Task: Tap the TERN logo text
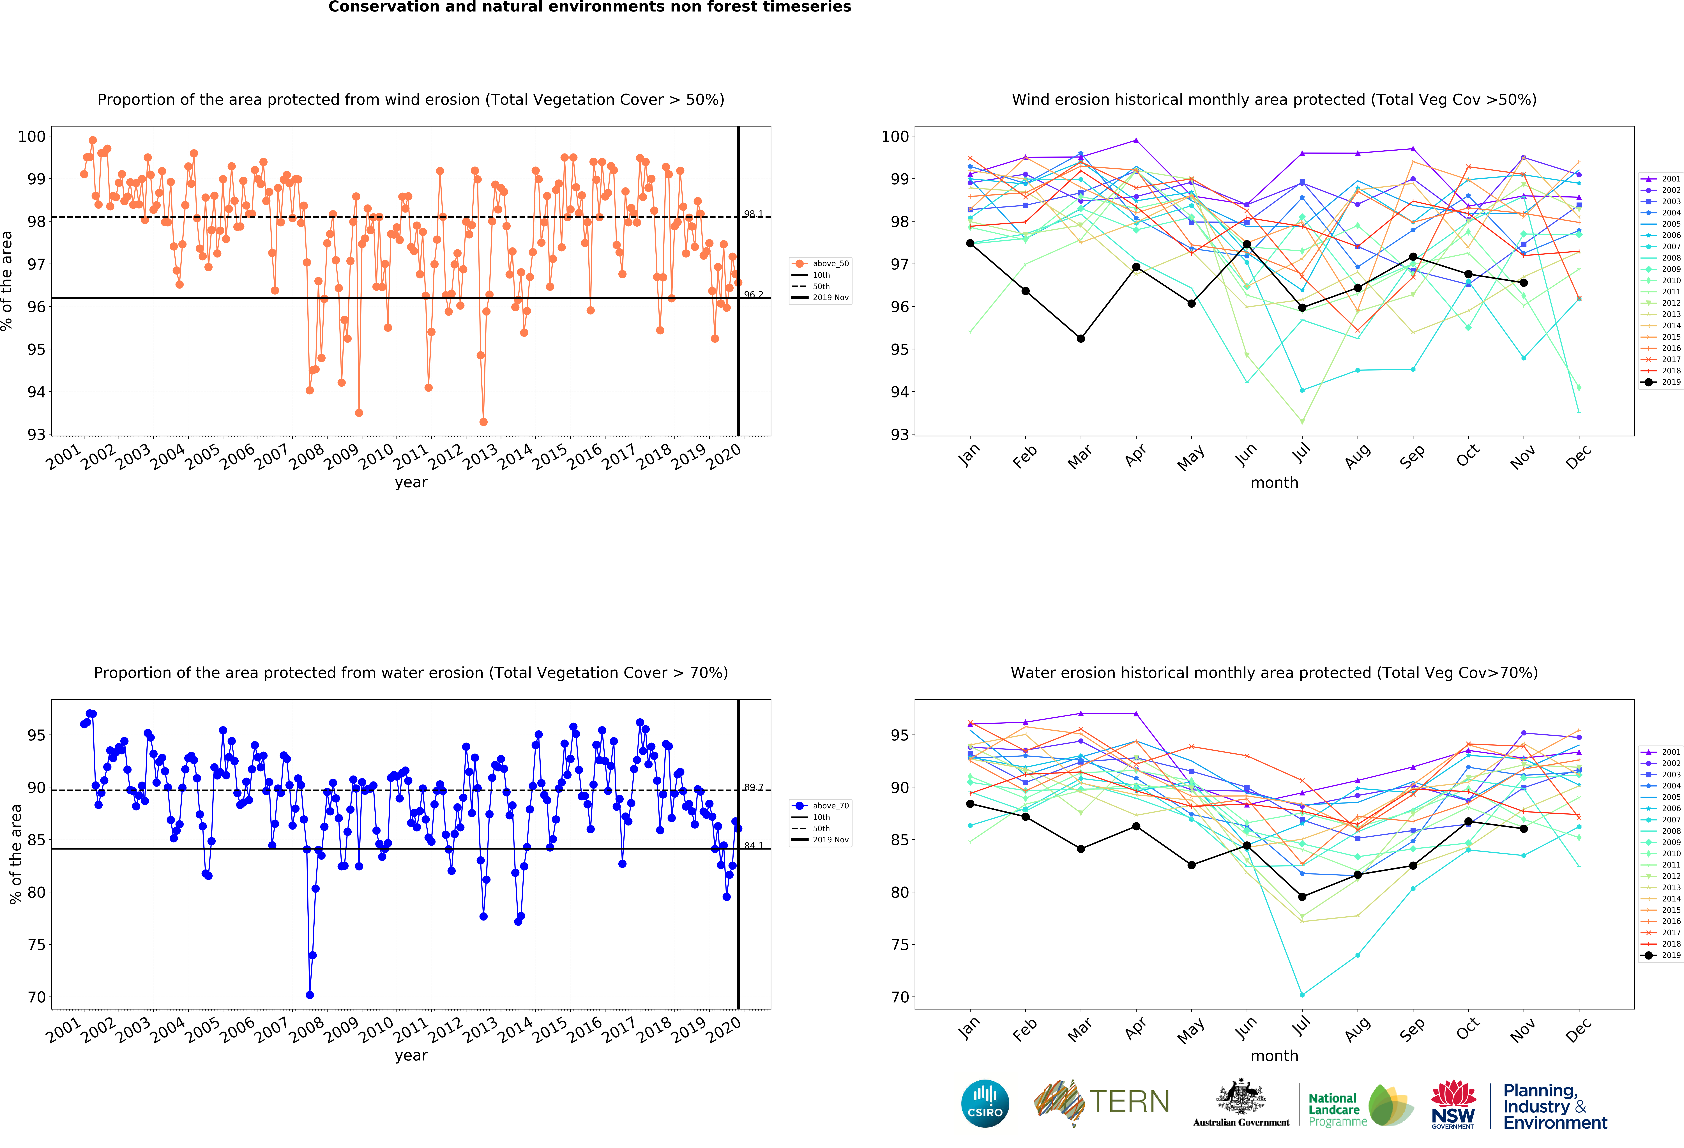1129,1102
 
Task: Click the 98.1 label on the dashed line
753,214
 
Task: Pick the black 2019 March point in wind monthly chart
1080,339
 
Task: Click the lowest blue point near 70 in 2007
309,995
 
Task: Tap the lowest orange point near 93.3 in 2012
483,422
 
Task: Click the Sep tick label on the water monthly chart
1412,1029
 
